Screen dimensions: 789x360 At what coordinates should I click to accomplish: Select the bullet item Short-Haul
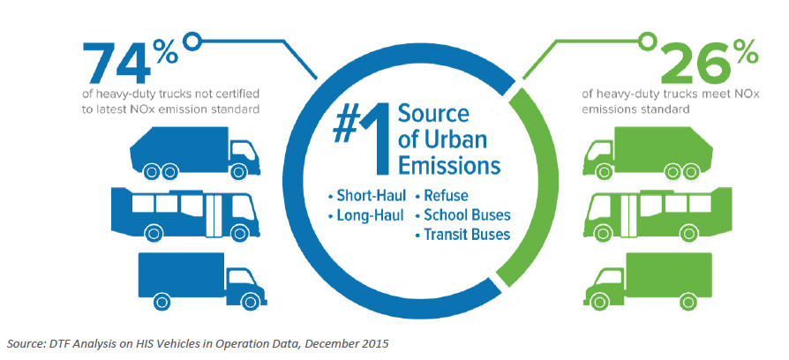366,196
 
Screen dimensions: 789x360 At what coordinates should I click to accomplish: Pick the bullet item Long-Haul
366,216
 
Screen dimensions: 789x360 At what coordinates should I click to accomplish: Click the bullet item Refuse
442,196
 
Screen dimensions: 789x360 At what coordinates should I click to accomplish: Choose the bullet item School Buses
462,215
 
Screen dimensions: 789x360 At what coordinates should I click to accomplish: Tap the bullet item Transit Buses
462,235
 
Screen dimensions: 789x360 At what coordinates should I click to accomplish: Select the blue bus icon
185,213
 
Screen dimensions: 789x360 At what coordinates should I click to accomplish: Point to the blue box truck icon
202,281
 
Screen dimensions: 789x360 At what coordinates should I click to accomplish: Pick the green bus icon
657,213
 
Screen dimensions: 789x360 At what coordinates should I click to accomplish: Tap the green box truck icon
648,281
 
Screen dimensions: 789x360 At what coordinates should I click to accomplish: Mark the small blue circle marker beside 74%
192,41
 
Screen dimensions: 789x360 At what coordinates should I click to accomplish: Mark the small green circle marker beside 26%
648,41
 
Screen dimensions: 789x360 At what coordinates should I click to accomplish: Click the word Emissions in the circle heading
449,166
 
